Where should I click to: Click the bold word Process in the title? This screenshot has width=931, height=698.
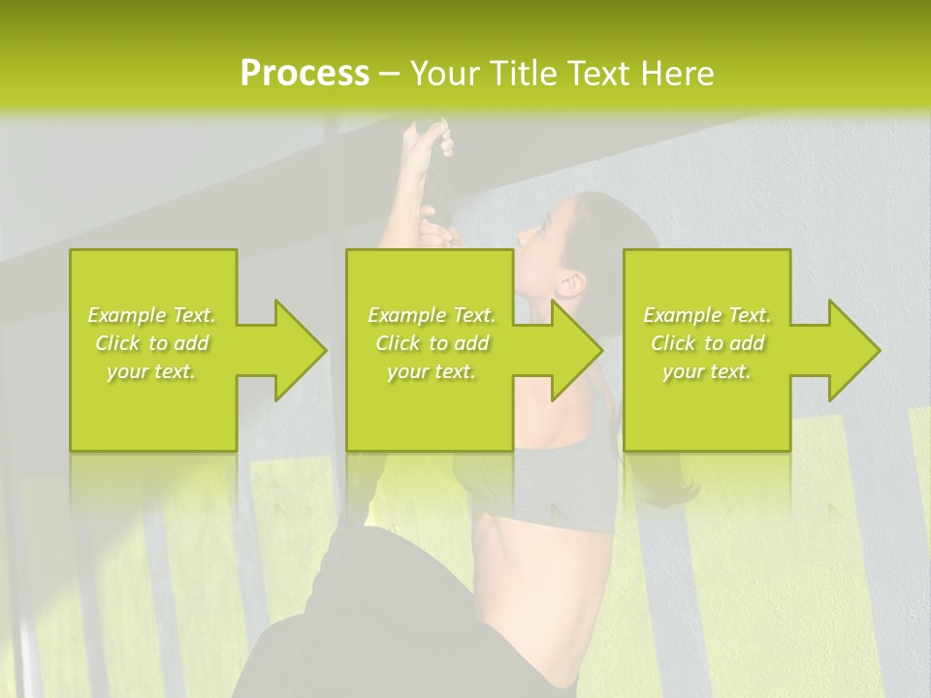click(305, 74)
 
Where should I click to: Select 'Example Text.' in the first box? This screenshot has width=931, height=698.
click(152, 315)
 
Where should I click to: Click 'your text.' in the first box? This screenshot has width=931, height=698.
click(152, 371)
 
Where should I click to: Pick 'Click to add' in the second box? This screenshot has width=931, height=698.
click(432, 343)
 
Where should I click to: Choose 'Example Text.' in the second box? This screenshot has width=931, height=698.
click(432, 315)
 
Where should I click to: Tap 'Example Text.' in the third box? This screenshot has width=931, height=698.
click(707, 315)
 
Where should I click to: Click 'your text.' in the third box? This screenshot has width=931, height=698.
click(707, 371)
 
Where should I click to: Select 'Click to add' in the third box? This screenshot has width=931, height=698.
click(707, 343)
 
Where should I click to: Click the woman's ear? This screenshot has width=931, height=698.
click(572, 284)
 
